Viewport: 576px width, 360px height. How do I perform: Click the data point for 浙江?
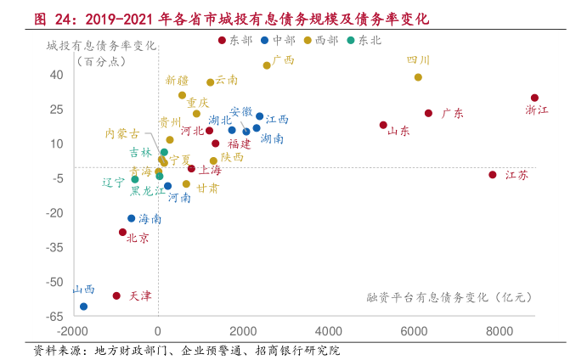[x=534, y=98]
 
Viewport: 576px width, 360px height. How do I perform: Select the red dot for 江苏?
[x=492, y=175]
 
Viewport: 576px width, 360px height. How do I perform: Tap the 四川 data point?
[x=418, y=77]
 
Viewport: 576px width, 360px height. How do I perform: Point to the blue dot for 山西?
[x=83, y=307]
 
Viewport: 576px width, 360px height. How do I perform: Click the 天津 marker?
[x=116, y=295]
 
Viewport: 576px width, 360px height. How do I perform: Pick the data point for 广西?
[x=267, y=65]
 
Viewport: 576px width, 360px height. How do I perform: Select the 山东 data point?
[x=383, y=125]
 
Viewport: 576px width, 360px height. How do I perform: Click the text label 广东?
[x=452, y=113]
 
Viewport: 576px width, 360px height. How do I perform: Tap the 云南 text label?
[x=227, y=80]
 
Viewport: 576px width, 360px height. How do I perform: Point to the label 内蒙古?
[x=122, y=133]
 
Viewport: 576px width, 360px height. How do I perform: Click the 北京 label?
[x=138, y=239]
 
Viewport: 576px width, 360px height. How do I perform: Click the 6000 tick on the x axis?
[x=414, y=330]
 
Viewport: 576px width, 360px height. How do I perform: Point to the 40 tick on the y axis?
[x=55, y=75]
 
